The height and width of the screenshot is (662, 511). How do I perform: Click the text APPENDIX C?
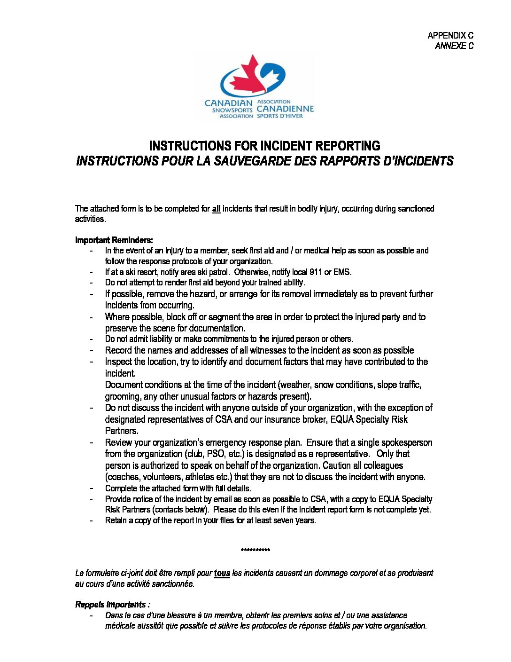450,35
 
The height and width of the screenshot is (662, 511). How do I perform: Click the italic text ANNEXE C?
454,46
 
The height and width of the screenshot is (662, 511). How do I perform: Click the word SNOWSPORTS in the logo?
232,110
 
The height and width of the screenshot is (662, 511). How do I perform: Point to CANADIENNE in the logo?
285,109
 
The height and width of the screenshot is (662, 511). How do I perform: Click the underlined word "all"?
216,209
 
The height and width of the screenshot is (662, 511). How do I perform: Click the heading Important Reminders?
114,240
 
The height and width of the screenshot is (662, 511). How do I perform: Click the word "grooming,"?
123,396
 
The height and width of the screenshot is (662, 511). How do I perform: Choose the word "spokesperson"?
405,442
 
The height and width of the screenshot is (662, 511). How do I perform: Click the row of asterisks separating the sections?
255,550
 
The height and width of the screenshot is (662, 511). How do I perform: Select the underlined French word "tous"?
222,573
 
